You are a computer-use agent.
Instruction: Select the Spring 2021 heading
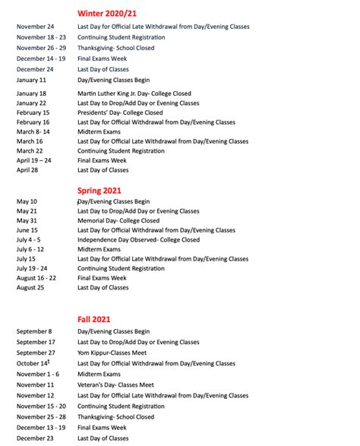tap(99, 190)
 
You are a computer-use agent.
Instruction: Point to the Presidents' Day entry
tap(120, 112)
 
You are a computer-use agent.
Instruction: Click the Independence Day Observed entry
tap(138, 240)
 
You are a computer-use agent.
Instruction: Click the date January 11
tap(31, 80)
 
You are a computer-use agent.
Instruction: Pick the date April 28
tap(28, 170)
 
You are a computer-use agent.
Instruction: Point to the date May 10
tap(27, 202)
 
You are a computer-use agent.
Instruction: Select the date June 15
tap(27, 230)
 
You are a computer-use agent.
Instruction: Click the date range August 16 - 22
tap(36, 278)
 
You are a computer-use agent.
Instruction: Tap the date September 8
tap(34, 331)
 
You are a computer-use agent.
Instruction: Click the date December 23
tap(35, 438)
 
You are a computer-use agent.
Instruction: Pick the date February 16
tap(33, 122)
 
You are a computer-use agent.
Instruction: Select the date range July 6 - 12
tap(30, 249)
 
